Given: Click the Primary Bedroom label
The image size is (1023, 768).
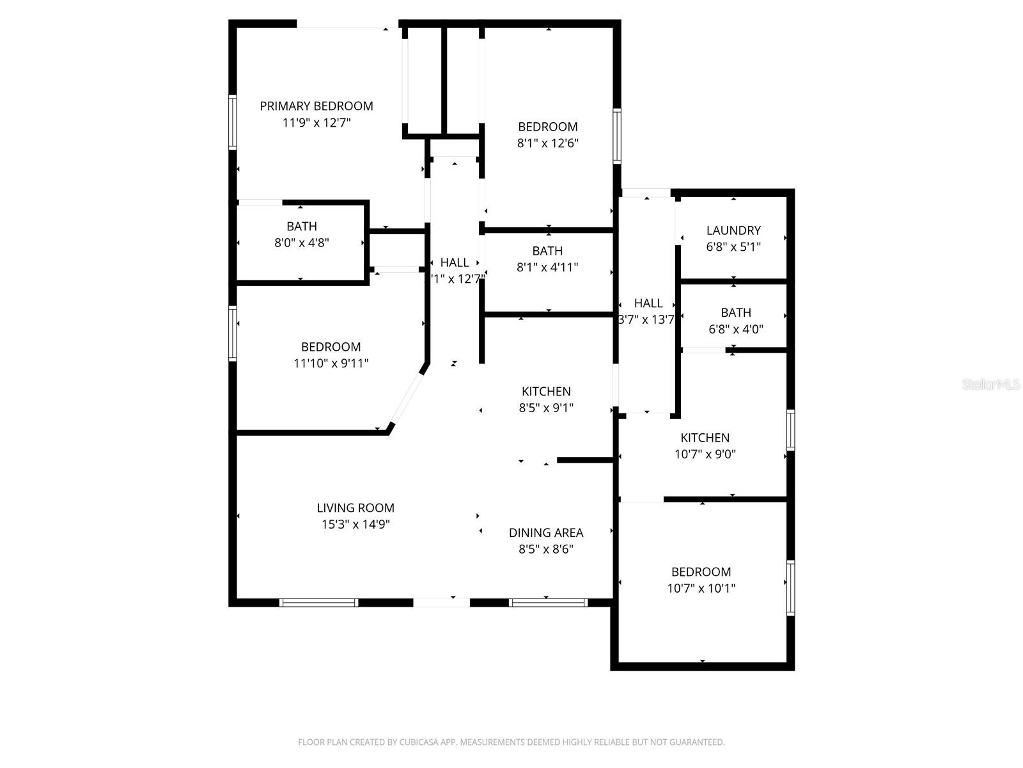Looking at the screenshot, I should (316, 106).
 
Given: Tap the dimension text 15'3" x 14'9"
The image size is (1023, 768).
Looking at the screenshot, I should (355, 524).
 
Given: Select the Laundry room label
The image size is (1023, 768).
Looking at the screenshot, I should (733, 230).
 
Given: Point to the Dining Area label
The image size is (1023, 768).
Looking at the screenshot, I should (546, 532).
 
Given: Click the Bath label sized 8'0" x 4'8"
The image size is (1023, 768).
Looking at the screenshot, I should (301, 227).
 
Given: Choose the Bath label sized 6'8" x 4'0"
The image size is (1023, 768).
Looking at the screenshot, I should (736, 313).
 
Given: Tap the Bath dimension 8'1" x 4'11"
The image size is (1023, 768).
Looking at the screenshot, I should (547, 268).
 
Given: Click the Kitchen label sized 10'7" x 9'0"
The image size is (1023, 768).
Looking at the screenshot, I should (705, 438).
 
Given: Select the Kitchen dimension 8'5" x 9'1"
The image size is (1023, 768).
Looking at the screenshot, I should (546, 408).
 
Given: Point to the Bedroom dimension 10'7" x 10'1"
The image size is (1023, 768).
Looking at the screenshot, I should (701, 588).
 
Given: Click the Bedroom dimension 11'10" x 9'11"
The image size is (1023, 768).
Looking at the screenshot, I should (331, 364).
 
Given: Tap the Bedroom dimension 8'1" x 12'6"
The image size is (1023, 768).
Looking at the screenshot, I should (547, 143).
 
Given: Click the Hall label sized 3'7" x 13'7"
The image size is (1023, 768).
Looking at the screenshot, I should (648, 303).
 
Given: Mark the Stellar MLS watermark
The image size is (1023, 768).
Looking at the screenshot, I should (990, 385).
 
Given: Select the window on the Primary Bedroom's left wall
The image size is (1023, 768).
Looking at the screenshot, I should (233, 122).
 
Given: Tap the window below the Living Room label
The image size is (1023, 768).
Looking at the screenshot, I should (318, 602).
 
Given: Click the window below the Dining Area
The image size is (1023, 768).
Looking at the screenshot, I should (548, 602).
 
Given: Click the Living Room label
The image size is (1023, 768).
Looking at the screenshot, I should (355, 508).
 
